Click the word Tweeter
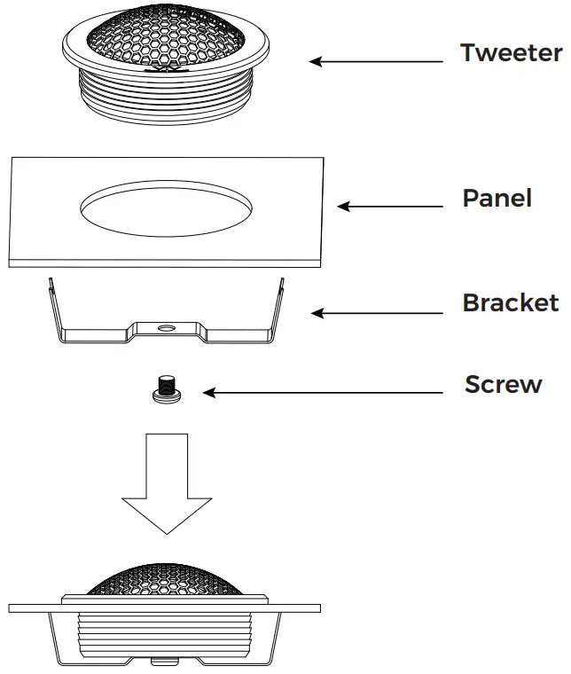click(x=511, y=53)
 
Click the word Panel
click(x=497, y=198)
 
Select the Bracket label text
click(x=511, y=303)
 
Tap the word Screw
click(x=503, y=385)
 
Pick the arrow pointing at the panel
click(x=389, y=207)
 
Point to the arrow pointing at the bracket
click(x=376, y=312)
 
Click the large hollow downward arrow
click(x=165, y=482)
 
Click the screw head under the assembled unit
click(x=165, y=661)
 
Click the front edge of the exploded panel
click(x=165, y=263)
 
